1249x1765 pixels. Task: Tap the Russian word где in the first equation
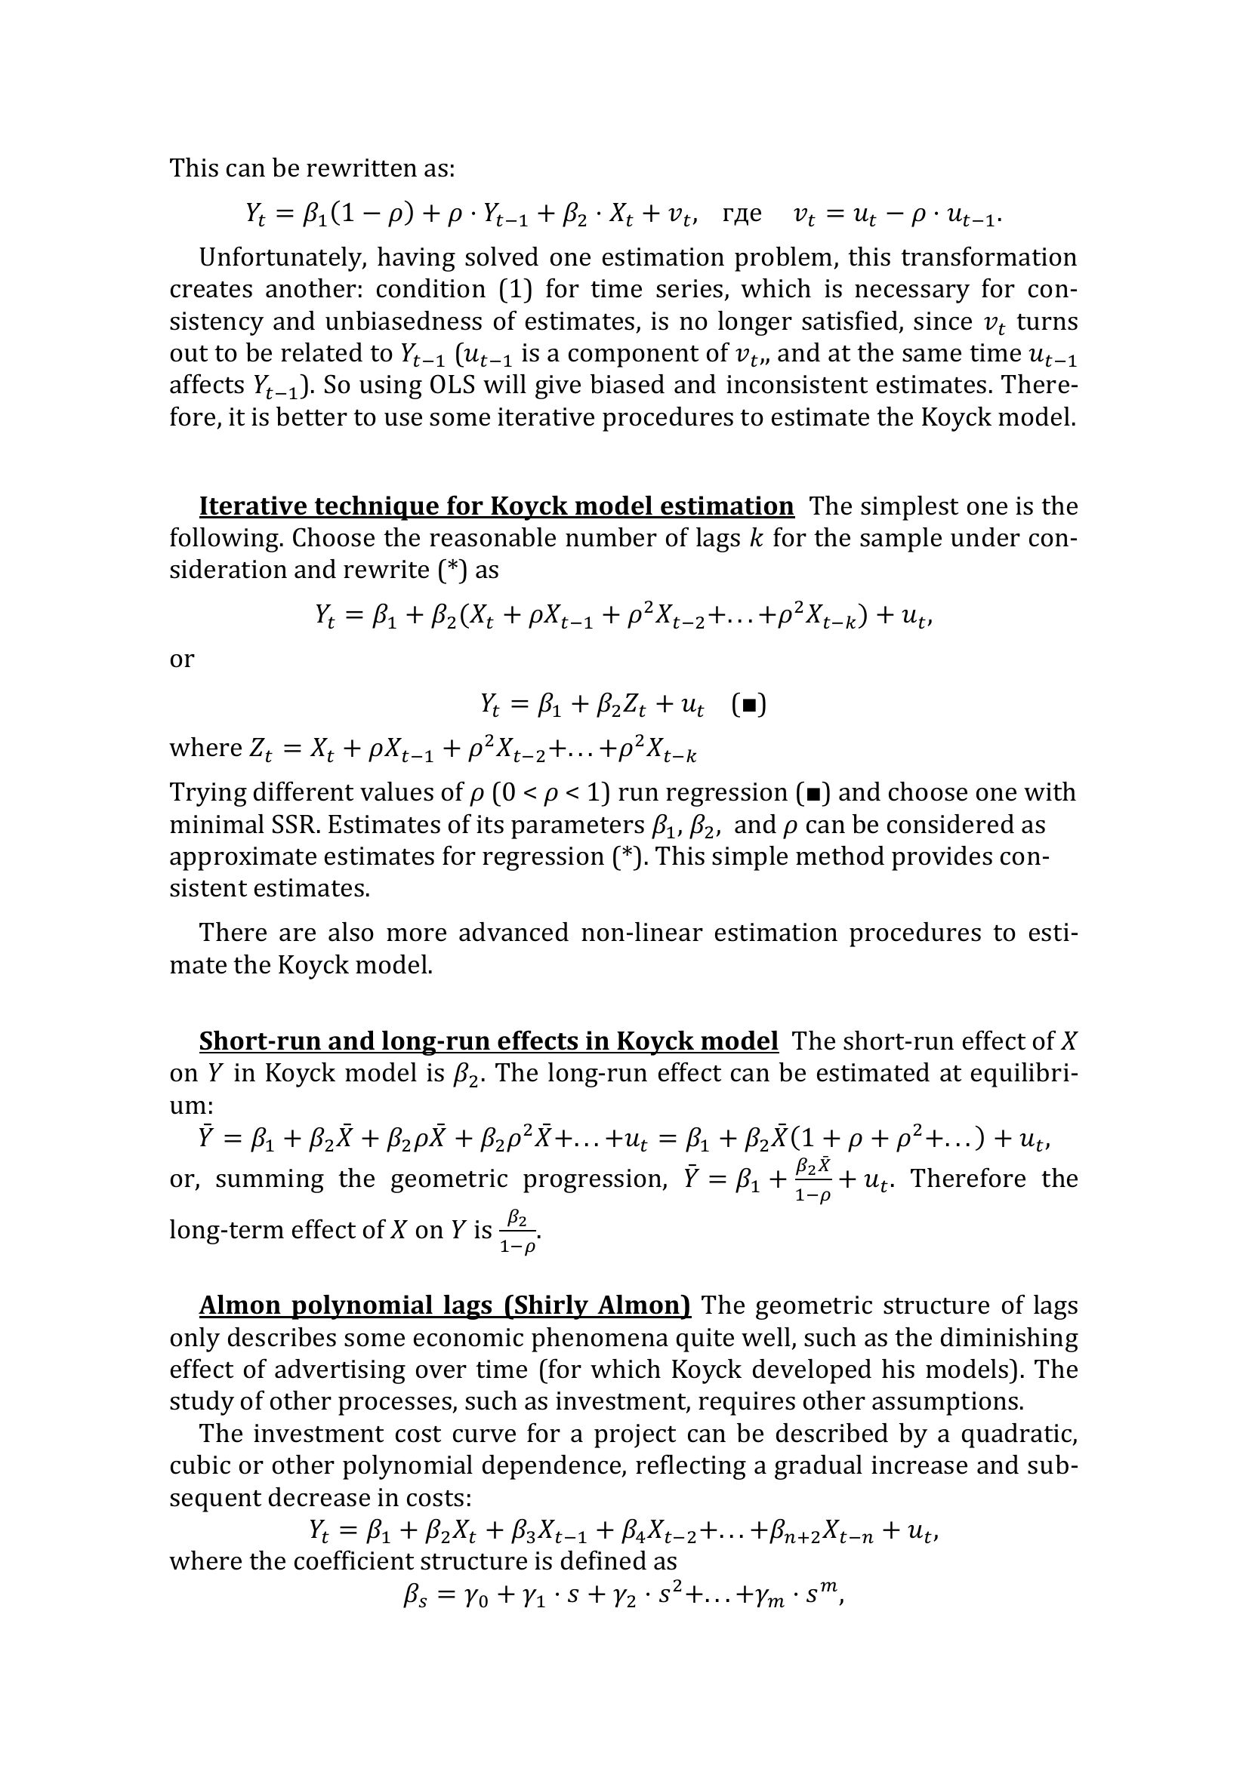742,213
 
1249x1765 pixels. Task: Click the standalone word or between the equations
181,659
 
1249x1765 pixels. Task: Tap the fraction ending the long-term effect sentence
517,1232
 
